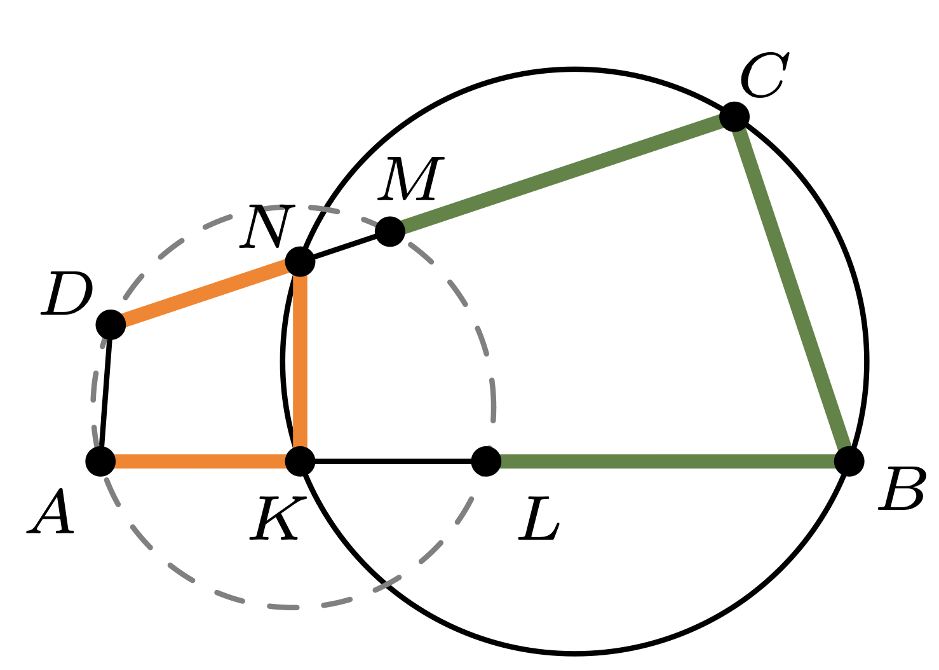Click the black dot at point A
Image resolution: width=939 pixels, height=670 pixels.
(x=100, y=461)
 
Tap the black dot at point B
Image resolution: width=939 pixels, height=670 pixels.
(x=849, y=461)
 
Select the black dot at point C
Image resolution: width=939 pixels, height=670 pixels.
(x=734, y=117)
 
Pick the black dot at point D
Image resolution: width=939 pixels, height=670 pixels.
(x=111, y=325)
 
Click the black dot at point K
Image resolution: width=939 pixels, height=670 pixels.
(x=300, y=461)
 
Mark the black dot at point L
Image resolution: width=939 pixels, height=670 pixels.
(x=487, y=461)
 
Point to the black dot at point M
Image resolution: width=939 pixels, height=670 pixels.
(x=390, y=231)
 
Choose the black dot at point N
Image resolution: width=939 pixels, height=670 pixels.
(x=300, y=261)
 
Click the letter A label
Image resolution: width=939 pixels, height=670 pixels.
(x=51, y=512)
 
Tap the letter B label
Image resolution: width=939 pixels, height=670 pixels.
(x=902, y=489)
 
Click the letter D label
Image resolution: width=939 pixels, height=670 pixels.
(x=67, y=294)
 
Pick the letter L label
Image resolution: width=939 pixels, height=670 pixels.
(x=539, y=519)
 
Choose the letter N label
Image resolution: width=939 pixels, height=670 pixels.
(x=267, y=226)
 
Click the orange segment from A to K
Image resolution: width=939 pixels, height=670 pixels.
(x=200, y=461)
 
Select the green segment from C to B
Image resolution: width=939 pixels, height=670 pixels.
(x=792, y=289)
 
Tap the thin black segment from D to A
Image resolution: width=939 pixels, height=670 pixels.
(x=105, y=393)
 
